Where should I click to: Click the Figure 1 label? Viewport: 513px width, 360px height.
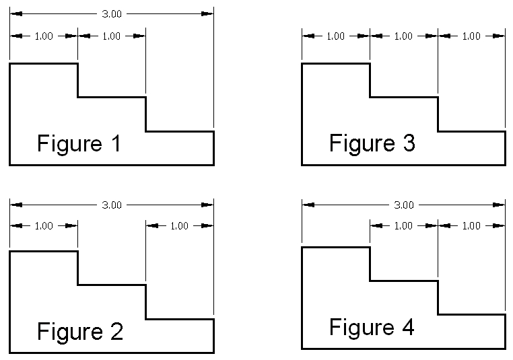coord(79,144)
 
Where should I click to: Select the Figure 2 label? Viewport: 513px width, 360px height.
coord(79,332)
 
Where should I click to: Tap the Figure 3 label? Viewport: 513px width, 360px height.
coord(372,143)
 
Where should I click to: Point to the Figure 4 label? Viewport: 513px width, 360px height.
coord(372,328)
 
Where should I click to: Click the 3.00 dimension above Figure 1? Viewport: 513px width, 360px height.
coord(112,13)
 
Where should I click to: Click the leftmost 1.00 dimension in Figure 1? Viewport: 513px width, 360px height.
coord(44,36)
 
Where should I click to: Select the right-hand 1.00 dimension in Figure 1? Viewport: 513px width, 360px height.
coord(112,36)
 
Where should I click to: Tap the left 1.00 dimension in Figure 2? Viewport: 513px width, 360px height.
coord(44,226)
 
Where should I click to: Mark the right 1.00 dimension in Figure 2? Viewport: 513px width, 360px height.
coord(180,226)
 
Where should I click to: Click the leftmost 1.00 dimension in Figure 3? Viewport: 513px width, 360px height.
coord(335,36)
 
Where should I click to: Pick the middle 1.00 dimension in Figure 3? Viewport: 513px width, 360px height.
coord(403,36)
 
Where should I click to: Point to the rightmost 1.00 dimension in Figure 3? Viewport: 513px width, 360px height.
coord(471,36)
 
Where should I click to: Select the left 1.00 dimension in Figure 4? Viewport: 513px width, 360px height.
coord(403,226)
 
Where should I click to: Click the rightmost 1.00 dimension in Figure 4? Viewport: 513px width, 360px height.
coord(471,226)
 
